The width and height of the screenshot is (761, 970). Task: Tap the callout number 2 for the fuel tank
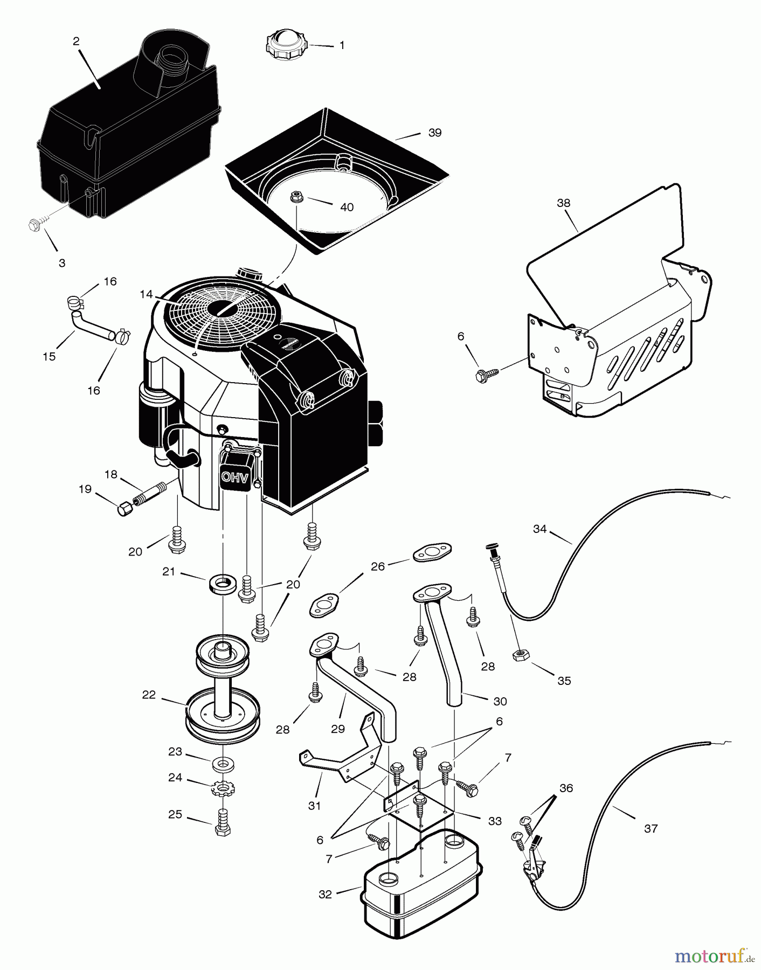coord(76,41)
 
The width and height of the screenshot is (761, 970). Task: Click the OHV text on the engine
coord(235,477)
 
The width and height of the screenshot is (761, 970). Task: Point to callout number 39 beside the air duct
coord(434,133)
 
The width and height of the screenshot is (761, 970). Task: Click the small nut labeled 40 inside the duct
coord(295,197)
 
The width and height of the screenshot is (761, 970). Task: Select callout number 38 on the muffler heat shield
coord(564,203)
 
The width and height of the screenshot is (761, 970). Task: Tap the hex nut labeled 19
coord(124,508)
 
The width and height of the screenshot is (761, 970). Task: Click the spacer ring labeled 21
coord(220,584)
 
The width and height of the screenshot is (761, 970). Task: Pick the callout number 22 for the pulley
coord(149,695)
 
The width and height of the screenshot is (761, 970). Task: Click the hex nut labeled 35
coord(520,655)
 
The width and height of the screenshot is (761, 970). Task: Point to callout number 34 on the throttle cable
coord(539,529)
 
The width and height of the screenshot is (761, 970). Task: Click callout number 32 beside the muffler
coord(326,895)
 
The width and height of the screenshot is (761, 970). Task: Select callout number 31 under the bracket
coord(314,806)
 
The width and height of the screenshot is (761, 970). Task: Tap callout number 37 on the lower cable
coord(651,828)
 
